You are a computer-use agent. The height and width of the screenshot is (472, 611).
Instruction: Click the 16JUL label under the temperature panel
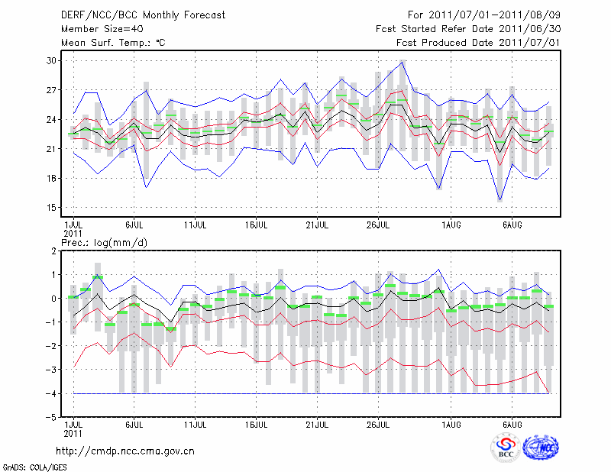pyautogui.click(x=256, y=225)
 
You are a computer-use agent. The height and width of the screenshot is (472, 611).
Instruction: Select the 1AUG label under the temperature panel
pyautogui.click(x=451, y=225)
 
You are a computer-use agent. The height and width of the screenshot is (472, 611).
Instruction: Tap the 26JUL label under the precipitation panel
pyautogui.click(x=379, y=424)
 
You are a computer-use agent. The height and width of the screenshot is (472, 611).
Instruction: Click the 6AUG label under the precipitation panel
pyautogui.click(x=512, y=424)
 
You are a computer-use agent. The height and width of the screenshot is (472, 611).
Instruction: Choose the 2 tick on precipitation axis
pyautogui.click(x=54, y=251)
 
